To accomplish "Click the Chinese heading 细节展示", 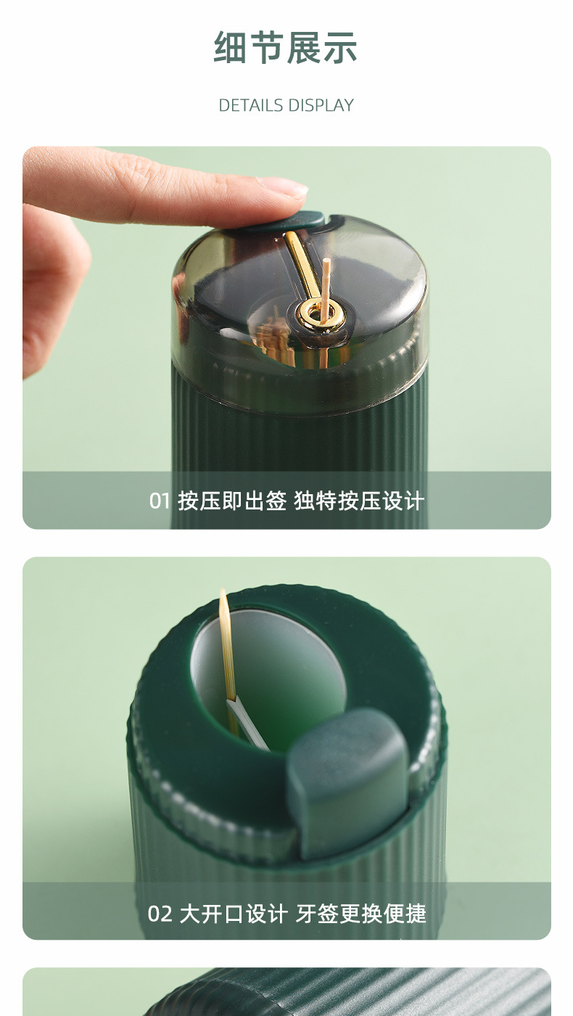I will (x=286, y=48).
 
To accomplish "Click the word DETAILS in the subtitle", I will (x=251, y=105).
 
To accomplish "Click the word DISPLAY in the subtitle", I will (x=320, y=105).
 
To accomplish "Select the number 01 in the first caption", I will (x=160, y=501).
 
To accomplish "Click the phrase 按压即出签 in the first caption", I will (x=232, y=501).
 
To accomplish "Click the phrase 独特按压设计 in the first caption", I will (x=359, y=501).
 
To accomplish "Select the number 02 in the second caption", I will (x=160, y=913).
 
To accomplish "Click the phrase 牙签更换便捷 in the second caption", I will (x=360, y=913).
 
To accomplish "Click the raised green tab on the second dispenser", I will (x=348, y=780).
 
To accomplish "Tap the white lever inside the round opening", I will (x=247, y=726).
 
